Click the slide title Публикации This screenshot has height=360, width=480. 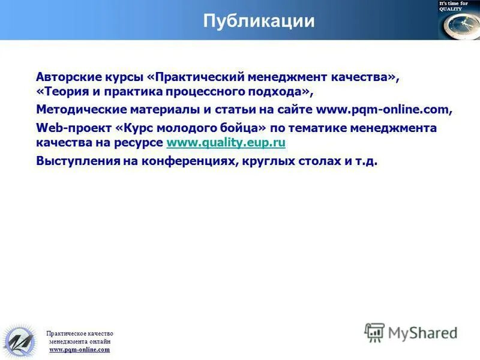259,21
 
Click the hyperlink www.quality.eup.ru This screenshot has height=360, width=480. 226,143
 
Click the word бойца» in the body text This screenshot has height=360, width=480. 247,128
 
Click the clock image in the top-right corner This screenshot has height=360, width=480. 458,26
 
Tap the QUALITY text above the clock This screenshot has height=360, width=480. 451,9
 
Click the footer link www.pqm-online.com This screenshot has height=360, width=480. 79,349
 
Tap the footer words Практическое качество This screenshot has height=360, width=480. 79,334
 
